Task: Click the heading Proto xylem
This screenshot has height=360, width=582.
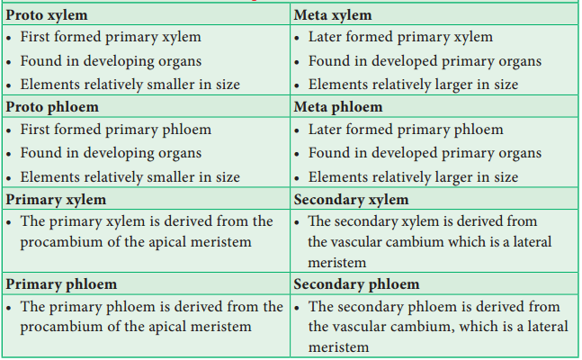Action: (x=47, y=15)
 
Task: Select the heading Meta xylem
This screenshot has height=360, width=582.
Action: (x=333, y=15)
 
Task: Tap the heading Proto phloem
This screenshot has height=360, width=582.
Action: (x=52, y=107)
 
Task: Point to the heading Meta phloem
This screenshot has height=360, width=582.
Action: (x=338, y=107)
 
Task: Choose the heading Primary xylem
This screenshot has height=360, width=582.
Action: (x=56, y=200)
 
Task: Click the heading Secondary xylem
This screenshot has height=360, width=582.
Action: (x=351, y=200)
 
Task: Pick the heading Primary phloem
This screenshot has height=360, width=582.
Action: (x=61, y=284)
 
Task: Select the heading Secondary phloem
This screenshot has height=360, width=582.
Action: (x=357, y=284)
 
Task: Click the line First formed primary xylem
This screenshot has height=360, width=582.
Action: (x=111, y=37)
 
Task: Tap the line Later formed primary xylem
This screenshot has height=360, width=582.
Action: (x=400, y=37)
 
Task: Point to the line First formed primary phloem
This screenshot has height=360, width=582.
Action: (x=116, y=130)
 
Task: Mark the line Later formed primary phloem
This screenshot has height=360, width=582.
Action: (x=406, y=130)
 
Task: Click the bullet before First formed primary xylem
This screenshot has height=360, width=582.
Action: (x=8, y=38)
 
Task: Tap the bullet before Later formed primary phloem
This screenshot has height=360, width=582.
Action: (x=297, y=130)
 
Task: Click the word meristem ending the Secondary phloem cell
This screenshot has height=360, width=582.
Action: (x=338, y=347)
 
